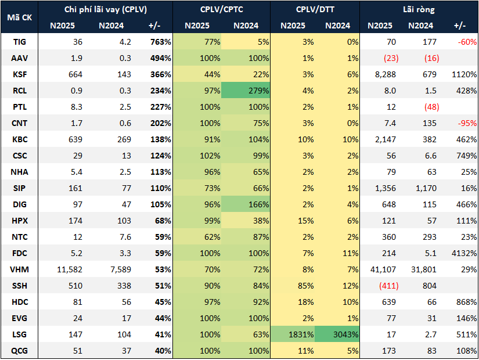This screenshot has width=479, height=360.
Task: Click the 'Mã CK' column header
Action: (x=19, y=17)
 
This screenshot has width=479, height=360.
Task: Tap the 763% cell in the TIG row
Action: (x=160, y=42)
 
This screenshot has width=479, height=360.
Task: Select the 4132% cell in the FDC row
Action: (x=463, y=253)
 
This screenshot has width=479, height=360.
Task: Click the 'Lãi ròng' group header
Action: (x=418, y=10)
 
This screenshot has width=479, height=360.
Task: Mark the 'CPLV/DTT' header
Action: (x=316, y=10)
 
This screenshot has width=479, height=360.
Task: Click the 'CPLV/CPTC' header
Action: (x=221, y=10)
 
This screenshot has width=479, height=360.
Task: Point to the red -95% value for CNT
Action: (x=466, y=123)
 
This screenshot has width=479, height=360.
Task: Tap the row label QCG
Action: (x=19, y=351)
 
